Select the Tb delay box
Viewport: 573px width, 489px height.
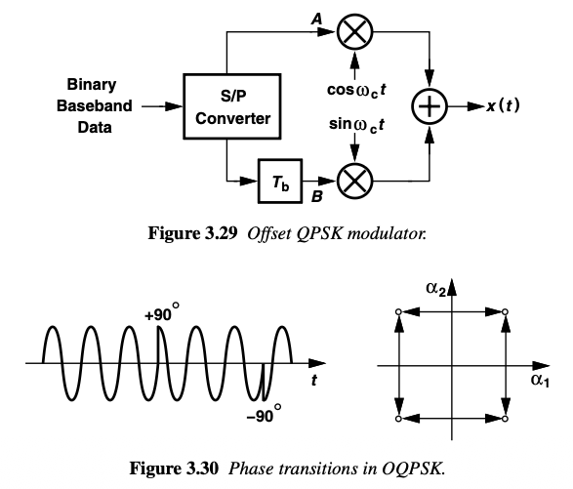click(281, 180)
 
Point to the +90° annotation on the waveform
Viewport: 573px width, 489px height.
click(162, 316)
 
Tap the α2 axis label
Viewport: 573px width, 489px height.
click(436, 285)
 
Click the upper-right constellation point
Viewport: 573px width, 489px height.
click(505, 312)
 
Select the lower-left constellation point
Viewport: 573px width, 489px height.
click(398, 418)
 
